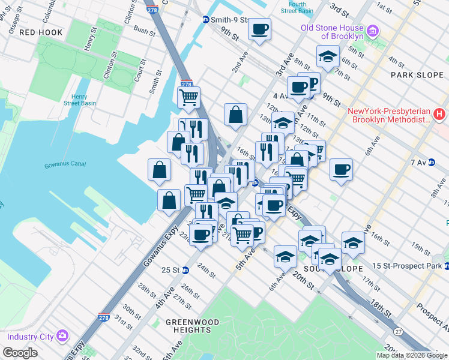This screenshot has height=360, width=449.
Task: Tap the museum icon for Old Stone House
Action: coord(372,31)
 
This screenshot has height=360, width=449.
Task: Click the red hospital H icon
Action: coord(439,113)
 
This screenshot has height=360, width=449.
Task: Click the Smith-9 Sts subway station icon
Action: coord(205,19)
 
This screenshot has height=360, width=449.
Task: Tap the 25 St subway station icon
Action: coord(185,270)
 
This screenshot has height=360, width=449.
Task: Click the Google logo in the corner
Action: coord(21,352)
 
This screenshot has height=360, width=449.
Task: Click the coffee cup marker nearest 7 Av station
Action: coord(341,169)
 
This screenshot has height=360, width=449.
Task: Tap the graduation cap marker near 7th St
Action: coord(328,57)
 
